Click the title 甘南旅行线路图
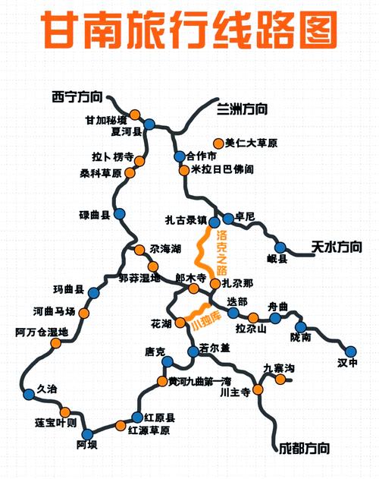(x=189, y=31)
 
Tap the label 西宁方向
(x=75, y=96)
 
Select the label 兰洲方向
(x=242, y=109)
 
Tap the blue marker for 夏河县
(x=149, y=124)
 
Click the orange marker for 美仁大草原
(x=218, y=143)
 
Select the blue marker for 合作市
(x=180, y=156)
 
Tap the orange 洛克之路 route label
(x=222, y=251)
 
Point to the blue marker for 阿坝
(x=86, y=434)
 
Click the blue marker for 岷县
(x=280, y=247)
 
